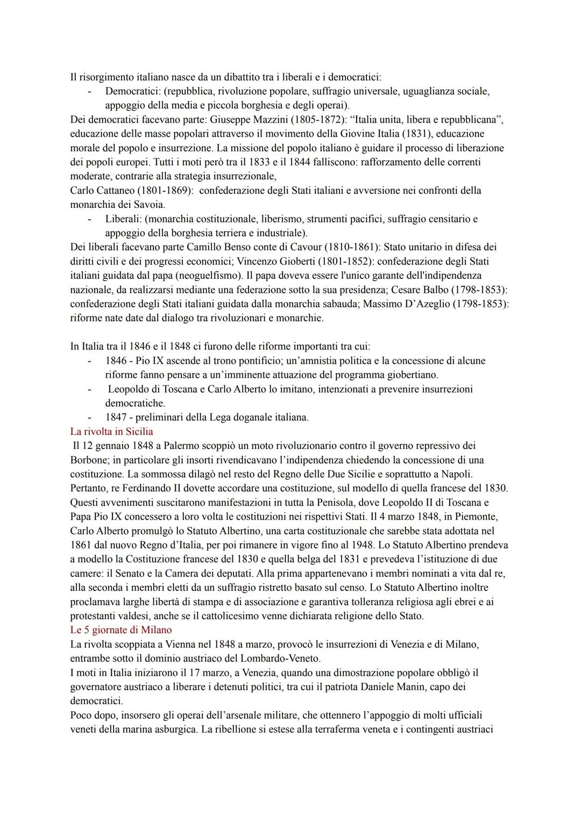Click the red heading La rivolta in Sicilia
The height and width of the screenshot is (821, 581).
pyautogui.click(x=111, y=432)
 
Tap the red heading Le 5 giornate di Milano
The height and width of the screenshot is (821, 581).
pyautogui.click(x=121, y=630)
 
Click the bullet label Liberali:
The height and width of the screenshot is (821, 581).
pyautogui.click(x=123, y=219)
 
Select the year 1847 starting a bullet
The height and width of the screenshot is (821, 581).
pyautogui.click(x=116, y=417)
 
